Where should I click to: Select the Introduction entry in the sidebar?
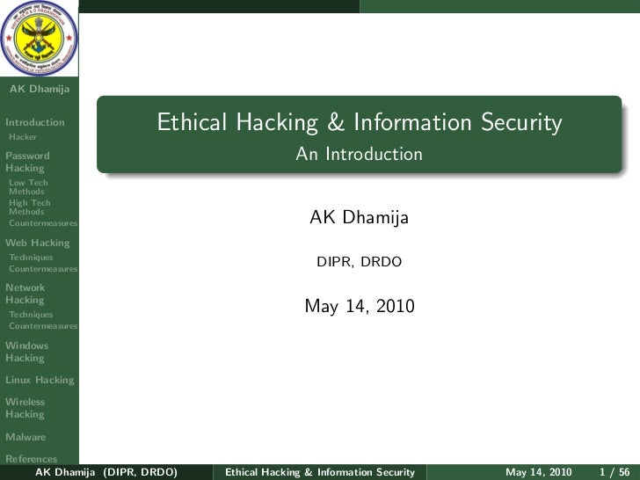(x=34, y=122)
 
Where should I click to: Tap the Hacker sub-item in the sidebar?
(x=21, y=137)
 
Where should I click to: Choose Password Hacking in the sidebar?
(x=27, y=162)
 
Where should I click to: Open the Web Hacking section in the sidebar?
(x=37, y=243)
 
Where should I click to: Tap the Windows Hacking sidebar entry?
(x=26, y=352)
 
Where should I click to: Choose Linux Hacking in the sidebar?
(x=40, y=380)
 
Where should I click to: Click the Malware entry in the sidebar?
(x=25, y=437)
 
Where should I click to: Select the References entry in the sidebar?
(x=32, y=458)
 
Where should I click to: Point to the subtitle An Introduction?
(x=359, y=155)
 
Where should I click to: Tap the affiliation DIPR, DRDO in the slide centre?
(x=360, y=263)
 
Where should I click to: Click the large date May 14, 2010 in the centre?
(x=359, y=307)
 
